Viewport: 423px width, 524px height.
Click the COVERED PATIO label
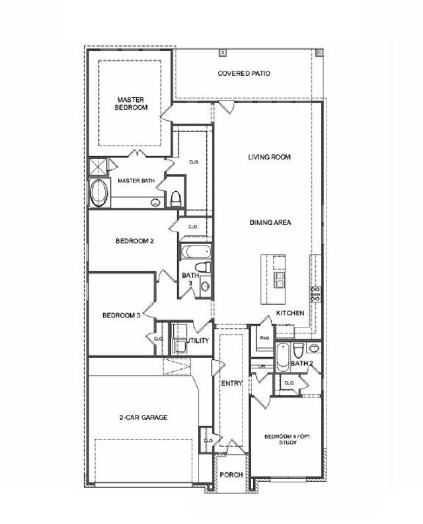tap(244, 73)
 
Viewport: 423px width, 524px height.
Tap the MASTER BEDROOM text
tap(131, 103)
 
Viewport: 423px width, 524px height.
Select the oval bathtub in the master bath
tap(100, 193)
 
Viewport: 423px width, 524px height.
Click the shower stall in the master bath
tap(98, 166)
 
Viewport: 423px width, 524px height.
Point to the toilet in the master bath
tap(175, 198)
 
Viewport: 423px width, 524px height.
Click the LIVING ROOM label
tap(270, 157)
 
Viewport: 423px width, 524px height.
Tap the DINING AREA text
tap(270, 223)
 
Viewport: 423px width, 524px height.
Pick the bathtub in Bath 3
tap(195, 252)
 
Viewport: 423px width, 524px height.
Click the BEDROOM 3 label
tap(121, 316)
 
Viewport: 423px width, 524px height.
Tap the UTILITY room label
tap(198, 341)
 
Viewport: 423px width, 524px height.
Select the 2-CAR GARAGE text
tap(143, 417)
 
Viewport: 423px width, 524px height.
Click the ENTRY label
tap(231, 383)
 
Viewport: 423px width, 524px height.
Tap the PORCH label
tap(231, 475)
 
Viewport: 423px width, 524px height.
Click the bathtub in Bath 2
tap(282, 357)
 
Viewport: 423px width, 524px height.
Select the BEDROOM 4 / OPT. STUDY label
tap(287, 439)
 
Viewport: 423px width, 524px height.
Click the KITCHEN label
tap(290, 312)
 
